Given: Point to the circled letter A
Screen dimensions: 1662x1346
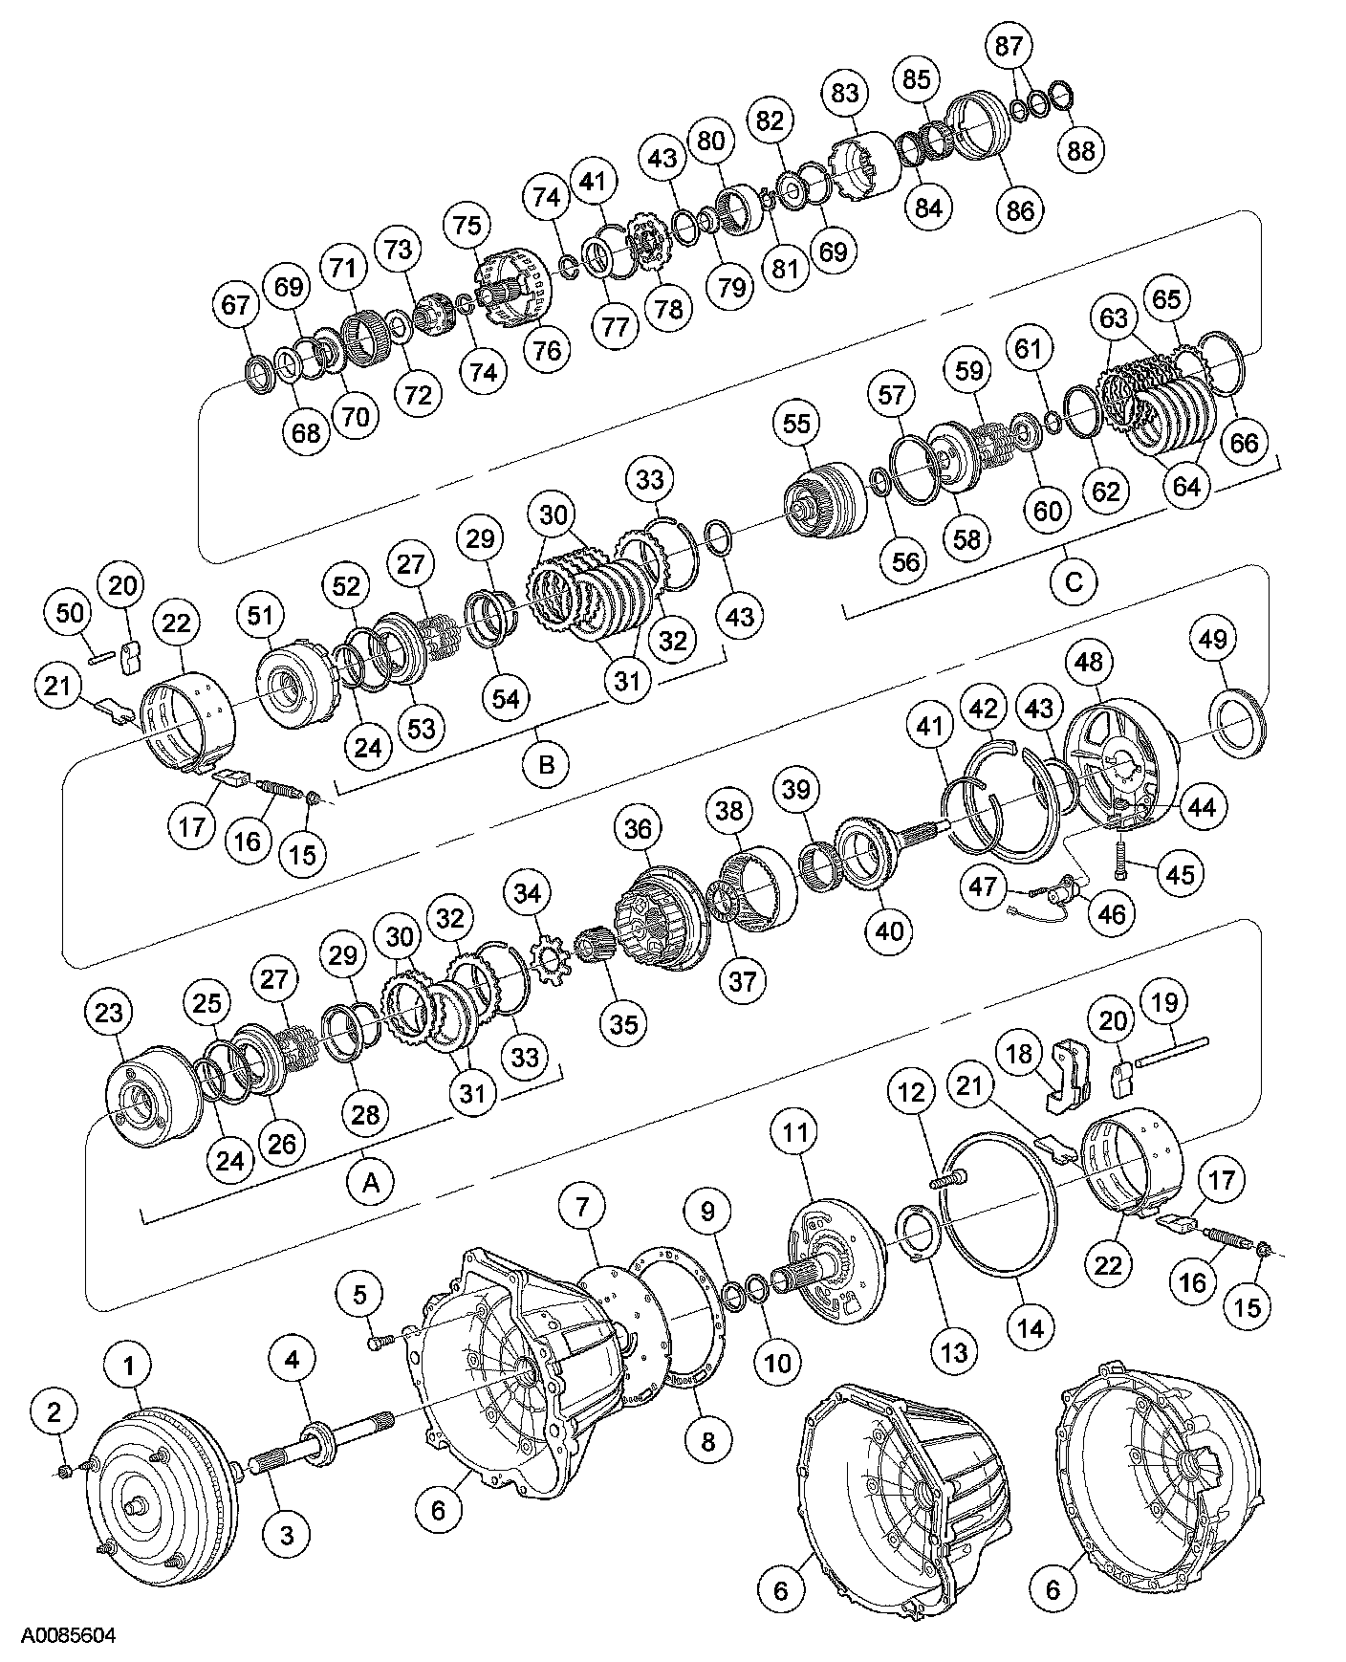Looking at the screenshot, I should tap(370, 1183).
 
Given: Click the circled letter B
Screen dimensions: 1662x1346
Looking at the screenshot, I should tap(546, 765).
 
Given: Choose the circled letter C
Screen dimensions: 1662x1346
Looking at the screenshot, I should tap(1074, 581).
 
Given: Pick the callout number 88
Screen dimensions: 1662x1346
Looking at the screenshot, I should tap(1081, 149).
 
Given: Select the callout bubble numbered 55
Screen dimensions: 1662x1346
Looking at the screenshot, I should tap(796, 424).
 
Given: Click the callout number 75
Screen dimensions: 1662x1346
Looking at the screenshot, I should tap(468, 226).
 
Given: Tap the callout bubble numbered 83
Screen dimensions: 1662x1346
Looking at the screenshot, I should tap(845, 93).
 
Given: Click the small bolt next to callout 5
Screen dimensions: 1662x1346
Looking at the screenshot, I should tap(376, 1344).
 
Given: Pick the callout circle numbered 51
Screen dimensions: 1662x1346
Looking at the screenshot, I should tap(261, 617).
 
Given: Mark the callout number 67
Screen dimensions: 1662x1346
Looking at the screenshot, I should tap(236, 305).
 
